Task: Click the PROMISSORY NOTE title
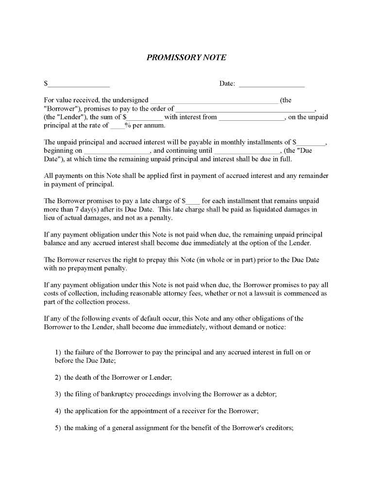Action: [x=186, y=57]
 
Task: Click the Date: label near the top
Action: [x=227, y=83]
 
